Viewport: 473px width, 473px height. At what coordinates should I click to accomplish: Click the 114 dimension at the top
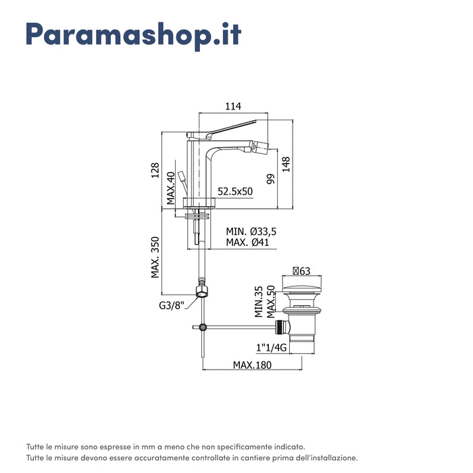232,106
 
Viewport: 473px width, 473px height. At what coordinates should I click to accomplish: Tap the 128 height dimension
154,169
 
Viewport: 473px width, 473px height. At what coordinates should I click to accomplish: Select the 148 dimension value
286,165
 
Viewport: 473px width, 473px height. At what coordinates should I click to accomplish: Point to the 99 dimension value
270,179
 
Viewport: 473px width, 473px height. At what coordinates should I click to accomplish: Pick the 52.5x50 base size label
234,191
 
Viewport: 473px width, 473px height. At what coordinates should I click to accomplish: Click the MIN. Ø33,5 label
251,231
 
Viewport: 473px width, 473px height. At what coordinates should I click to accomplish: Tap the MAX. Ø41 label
249,243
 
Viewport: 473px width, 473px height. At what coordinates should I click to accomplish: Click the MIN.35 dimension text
259,301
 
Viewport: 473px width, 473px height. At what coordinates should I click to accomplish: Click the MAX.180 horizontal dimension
253,365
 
